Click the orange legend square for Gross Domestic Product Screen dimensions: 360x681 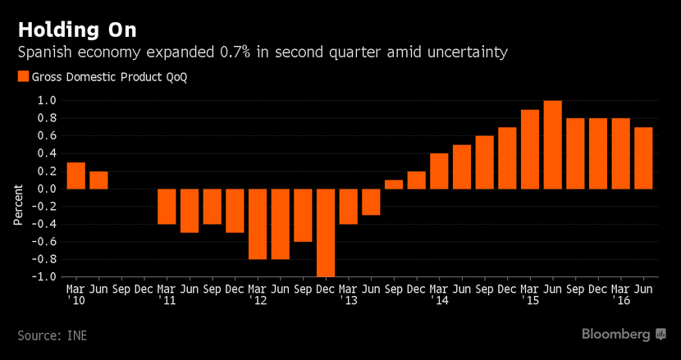click(x=22, y=76)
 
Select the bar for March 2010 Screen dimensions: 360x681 click(x=75, y=175)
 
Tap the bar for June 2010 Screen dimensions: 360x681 click(x=98, y=180)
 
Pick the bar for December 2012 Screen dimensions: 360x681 click(x=326, y=233)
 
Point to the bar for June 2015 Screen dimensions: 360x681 click(x=552, y=144)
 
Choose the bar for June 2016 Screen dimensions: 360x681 click(x=643, y=157)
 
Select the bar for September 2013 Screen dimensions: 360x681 click(x=394, y=184)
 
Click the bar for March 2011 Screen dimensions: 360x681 click(x=167, y=206)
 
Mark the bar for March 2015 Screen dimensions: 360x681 click(x=530, y=148)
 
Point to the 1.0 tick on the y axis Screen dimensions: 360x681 click(x=47, y=101)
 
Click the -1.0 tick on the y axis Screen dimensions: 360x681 click(x=44, y=276)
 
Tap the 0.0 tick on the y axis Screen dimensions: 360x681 click(x=47, y=189)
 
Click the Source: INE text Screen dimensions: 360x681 click(x=52, y=335)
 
